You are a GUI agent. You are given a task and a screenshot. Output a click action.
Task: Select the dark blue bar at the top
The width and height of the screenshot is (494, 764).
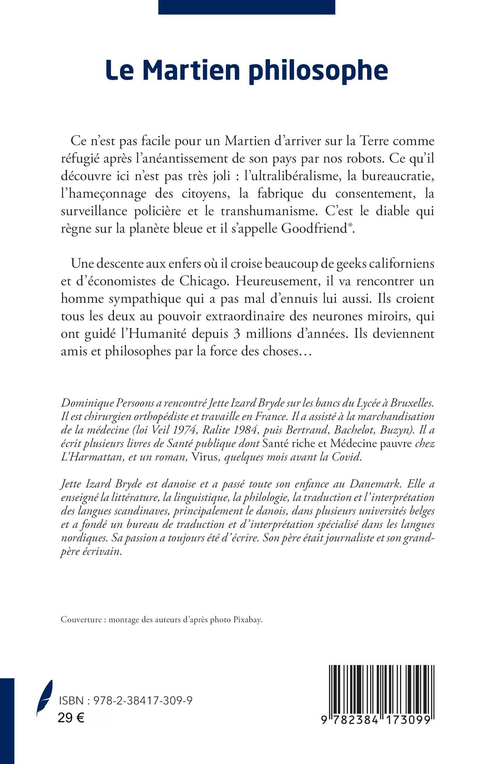(247, 7)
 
